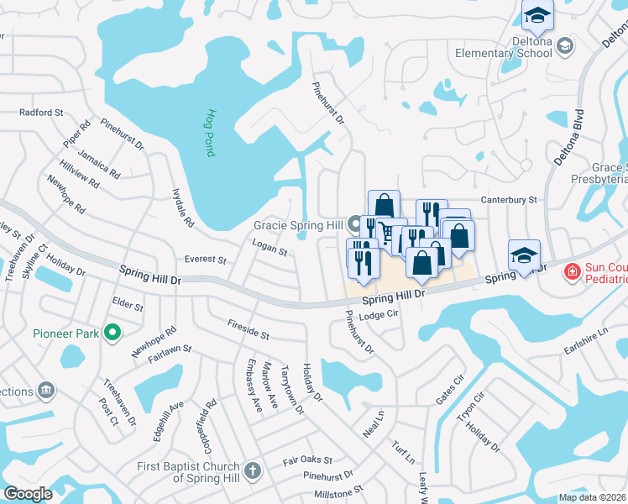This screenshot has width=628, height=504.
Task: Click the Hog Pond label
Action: click(212, 133)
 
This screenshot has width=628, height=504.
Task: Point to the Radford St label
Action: click(41, 112)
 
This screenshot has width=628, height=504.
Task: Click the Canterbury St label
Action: click(509, 200)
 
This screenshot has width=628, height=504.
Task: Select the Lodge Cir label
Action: click(377, 316)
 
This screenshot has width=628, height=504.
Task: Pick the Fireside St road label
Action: click(248, 329)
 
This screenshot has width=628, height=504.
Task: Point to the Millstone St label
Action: click(335, 488)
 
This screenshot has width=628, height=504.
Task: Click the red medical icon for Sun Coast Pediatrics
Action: click(572, 271)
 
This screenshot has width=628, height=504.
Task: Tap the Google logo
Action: click(29, 494)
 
